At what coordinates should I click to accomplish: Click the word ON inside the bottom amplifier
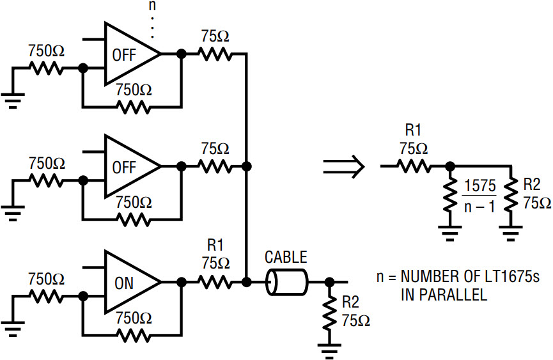point(124,283)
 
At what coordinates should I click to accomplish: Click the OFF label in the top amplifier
point(124,55)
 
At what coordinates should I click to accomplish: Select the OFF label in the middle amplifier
point(124,167)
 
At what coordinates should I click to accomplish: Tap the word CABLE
point(286,257)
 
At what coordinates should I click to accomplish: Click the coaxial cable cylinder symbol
point(286,282)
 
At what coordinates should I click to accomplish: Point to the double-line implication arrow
point(343,166)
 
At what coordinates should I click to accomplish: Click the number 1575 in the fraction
point(480,186)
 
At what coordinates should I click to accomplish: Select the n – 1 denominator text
point(480,207)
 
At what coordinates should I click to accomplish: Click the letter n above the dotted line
point(152,6)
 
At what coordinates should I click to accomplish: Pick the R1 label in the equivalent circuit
point(413,130)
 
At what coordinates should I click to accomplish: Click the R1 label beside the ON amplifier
point(215,245)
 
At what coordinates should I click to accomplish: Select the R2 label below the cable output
point(350,302)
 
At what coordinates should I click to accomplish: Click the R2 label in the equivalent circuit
point(532,184)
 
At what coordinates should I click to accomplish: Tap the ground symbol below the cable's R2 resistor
point(329,350)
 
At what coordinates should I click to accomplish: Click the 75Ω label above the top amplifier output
point(215,36)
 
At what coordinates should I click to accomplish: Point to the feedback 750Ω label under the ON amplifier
point(134,318)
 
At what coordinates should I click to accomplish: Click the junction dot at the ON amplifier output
point(182,282)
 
